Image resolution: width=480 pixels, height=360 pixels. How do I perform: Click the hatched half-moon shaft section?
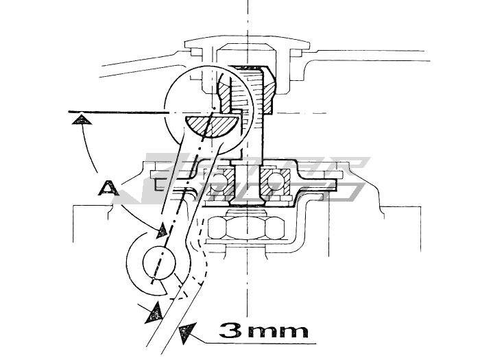click(x=211, y=125)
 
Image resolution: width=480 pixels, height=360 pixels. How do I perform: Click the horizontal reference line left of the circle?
click(x=117, y=112)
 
